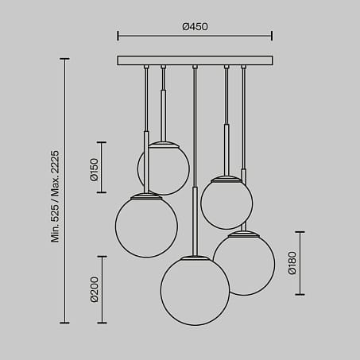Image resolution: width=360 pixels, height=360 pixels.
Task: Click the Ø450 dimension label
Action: click(195, 26)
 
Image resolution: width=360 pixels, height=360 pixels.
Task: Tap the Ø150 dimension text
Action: click(94, 168)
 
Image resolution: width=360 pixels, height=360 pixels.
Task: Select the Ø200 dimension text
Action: click(94, 289)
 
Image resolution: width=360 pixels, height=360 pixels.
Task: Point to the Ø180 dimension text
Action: click(292, 262)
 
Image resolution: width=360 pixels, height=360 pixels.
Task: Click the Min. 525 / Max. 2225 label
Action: click(56, 191)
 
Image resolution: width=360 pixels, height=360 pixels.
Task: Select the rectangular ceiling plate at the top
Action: click(195, 60)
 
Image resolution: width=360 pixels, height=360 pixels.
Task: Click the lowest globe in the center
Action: click(195, 291)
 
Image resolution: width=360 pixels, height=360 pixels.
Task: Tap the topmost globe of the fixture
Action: click(164, 169)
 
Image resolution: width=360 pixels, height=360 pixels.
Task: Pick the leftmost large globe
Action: click(146, 226)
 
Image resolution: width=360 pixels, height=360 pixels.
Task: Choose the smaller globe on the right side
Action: click(226, 203)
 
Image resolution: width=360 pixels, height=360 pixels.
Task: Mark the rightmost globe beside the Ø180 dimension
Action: click(244, 264)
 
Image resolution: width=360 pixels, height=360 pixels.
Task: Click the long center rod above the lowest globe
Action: click(195, 159)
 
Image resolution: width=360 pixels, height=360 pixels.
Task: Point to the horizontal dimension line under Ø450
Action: click(195, 36)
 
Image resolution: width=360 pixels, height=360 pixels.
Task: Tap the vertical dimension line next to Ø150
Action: click(102, 168)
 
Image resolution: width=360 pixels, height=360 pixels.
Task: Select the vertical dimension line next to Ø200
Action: click(102, 289)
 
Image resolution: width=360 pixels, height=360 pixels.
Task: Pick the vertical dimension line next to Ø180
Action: click(300, 262)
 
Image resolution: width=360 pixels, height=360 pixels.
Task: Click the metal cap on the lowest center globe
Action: click(195, 258)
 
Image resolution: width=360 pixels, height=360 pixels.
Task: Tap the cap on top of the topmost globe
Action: click(164, 144)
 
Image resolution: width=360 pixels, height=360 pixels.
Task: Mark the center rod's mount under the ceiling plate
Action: click(195, 67)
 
